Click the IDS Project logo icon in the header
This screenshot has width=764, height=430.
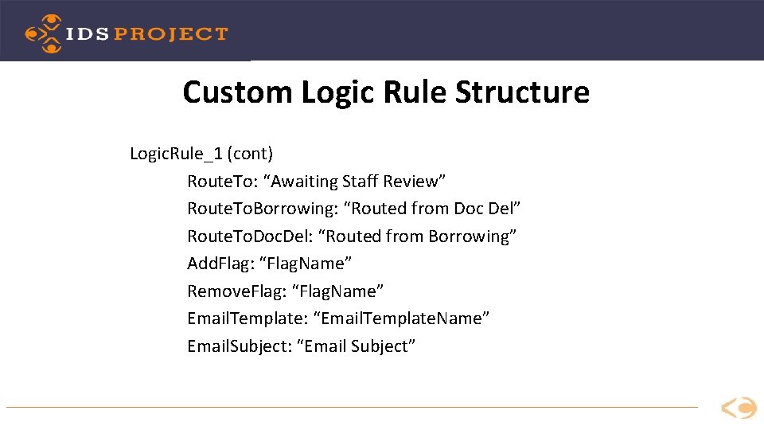point(43,33)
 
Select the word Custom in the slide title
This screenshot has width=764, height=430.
point(237,92)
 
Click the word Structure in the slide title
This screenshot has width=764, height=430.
point(522,92)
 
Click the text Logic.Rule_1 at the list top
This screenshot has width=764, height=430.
point(176,153)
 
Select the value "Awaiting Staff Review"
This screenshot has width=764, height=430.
point(359,182)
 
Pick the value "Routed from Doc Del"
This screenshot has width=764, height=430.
point(426,209)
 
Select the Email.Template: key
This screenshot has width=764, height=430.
point(248,319)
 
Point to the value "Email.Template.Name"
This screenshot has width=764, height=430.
point(402,319)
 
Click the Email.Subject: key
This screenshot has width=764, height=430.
point(239,346)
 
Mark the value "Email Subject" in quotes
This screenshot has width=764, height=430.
point(357,346)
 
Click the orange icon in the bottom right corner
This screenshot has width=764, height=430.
point(739,408)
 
